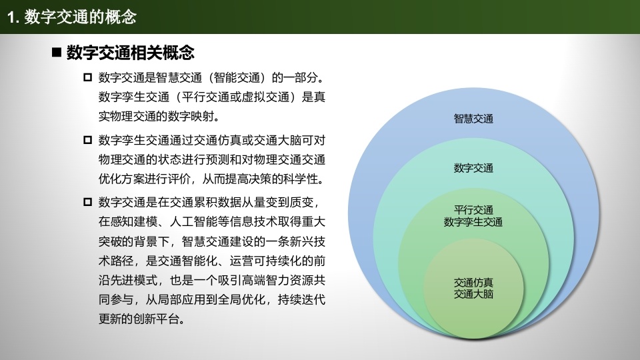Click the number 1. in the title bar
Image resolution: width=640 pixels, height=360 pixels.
(x=13, y=17)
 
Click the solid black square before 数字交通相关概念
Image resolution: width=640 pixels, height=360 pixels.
(x=57, y=53)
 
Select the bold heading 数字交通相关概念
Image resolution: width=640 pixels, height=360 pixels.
(x=131, y=53)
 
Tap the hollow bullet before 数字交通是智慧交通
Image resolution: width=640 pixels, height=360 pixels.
(x=87, y=77)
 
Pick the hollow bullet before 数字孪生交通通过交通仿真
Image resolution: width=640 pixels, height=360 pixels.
(x=87, y=140)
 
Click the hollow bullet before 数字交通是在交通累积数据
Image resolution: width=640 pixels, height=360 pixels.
(x=87, y=202)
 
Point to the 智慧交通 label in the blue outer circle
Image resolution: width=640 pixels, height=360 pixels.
(x=473, y=119)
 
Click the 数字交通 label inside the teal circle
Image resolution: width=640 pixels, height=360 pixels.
(x=473, y=168)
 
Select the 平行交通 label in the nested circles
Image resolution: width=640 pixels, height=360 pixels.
(x=473, y=210)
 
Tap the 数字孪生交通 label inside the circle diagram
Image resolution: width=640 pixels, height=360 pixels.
(x=473, y=222)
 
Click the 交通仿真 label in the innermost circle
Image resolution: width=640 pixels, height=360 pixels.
(x=473, y=283)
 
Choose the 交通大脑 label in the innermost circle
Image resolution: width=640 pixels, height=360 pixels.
(x=473, y=294)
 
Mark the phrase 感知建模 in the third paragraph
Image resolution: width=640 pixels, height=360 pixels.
(x=134, y=221)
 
